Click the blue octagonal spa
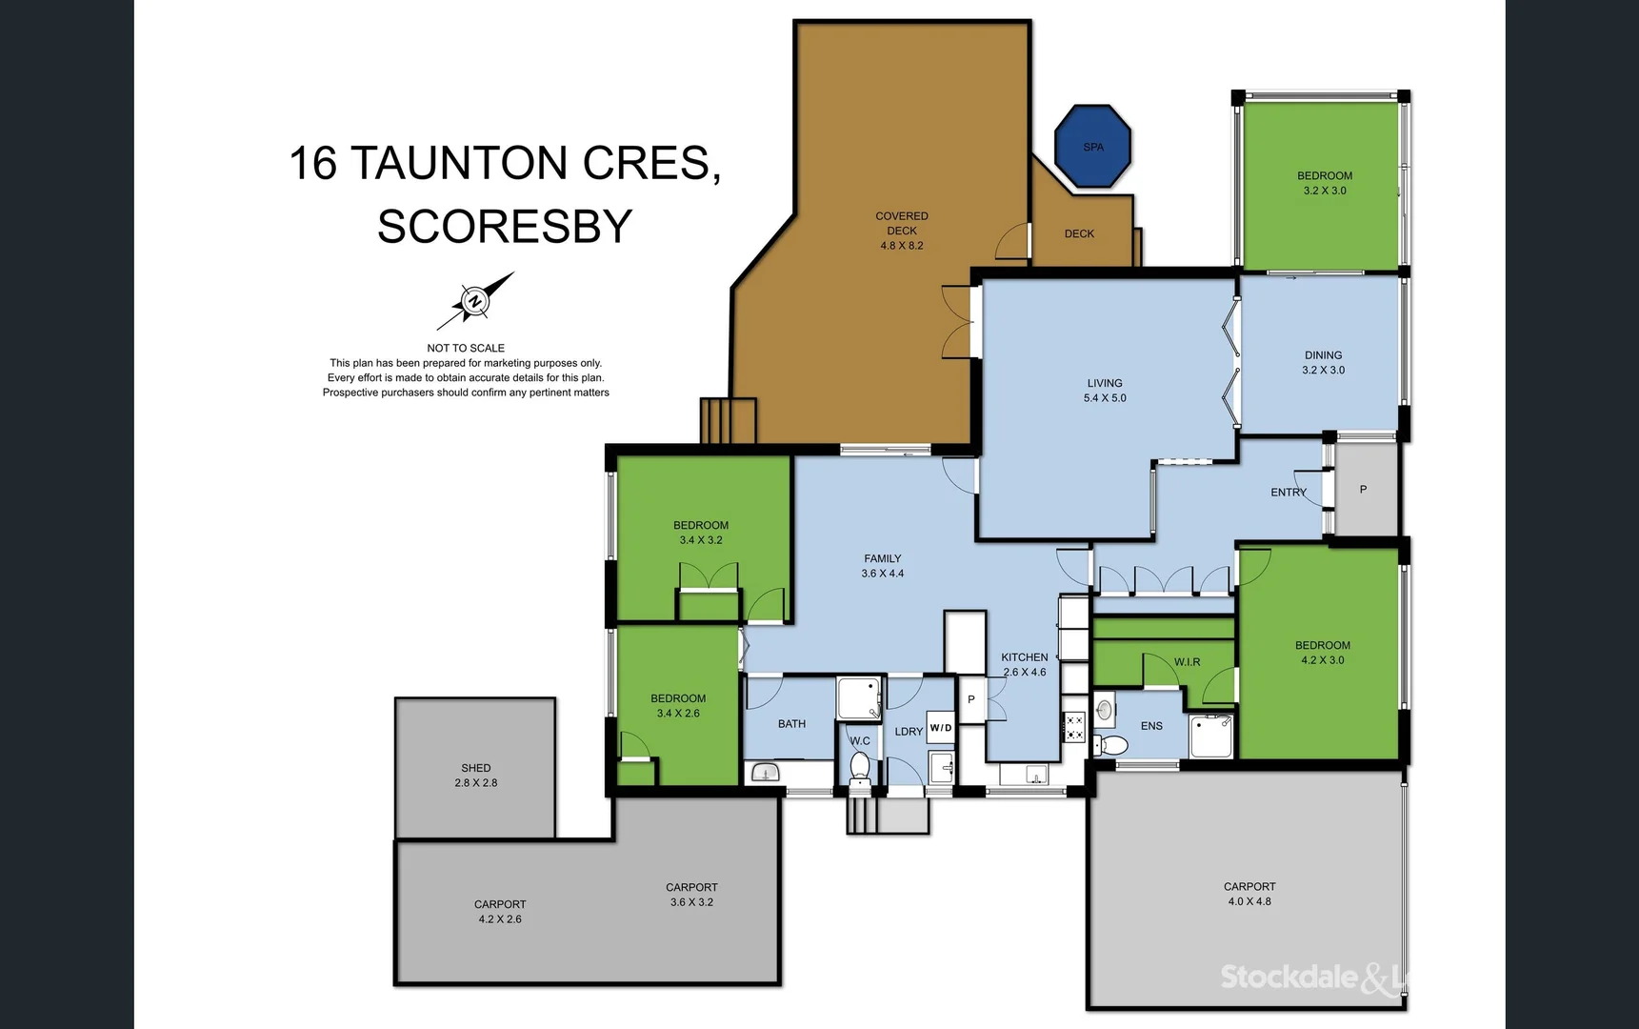click(x=1092, y=146)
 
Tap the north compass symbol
click(x=475, y=301)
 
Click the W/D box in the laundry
click(x=941, y=728)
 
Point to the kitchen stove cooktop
click(x=1074, y=728)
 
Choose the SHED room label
click(x=476, y=768)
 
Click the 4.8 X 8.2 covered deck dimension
click(x=902, y=246)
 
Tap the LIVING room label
click(x=1105, y=383)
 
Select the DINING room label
click(x=1324, y=355)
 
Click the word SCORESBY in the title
click(x=505, y=227)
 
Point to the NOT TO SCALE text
click(x=466, y=348)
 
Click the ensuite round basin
click(x=1105, y=710)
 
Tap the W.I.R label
click(x=1187, y=662)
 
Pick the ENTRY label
click(x=1289, y=493)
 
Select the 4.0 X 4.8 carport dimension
click(x=1249, y=901)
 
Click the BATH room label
click(x=791, y=724)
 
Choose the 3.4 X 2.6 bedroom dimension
click(x=678, y=714)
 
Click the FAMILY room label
click(x=883, y=559)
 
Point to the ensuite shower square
click(x=1210, y=736)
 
